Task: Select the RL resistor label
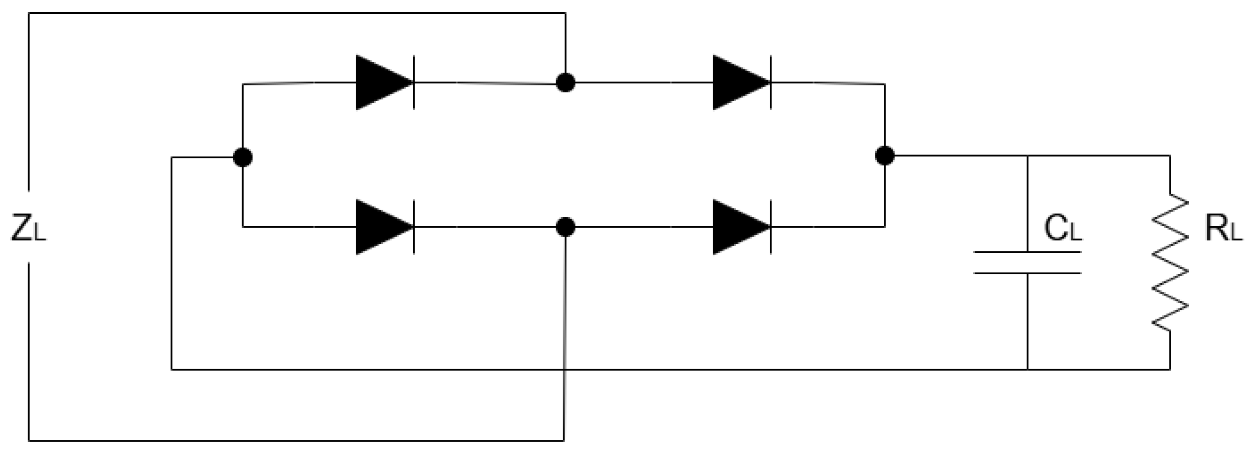[1223, 229]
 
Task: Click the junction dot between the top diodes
[565, 83]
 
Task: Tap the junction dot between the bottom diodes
[565, 227]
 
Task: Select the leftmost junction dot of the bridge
[243, 157]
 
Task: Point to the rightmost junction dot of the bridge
[884, 156]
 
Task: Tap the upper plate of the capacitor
[1027, 252]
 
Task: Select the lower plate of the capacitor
[1027, 273]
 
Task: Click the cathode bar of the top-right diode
[771, 83]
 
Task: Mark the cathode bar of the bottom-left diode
[414, 227]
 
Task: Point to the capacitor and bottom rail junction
[1027, 369]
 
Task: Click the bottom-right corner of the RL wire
[1169, 369]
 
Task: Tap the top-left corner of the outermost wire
[29, 13]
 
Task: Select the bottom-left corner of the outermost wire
[29, 441]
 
